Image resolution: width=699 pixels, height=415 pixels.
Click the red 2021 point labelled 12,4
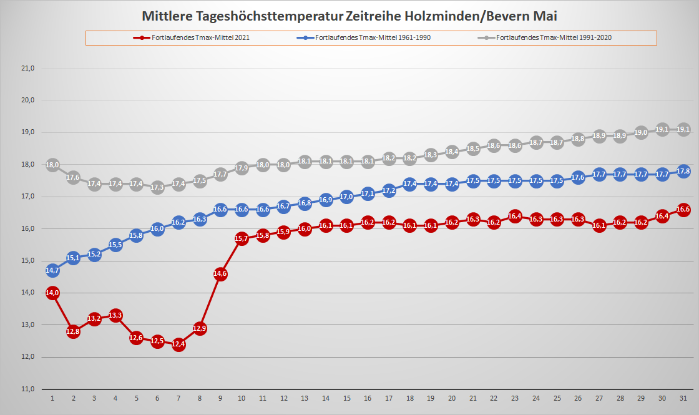pyautogui.click(x=178, y=344)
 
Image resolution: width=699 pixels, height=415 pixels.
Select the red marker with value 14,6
pyautogui.click(x=220, y=273)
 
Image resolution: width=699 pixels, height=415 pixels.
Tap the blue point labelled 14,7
pyautogui.click(x=52, y=270)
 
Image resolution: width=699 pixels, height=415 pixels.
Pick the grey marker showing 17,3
pyautogui.click(x=157, y=187)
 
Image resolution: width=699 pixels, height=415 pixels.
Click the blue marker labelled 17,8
pyautogui.click(x=683, y=171)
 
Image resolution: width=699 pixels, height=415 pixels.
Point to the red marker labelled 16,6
pyautogui.click(x=683, y=209)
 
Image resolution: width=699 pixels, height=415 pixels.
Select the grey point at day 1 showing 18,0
pyautogui.click(x=52, y=165)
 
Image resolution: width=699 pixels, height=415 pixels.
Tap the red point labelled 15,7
pyautogui.click(x=242, y=238)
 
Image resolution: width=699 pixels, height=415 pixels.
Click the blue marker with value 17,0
pyautogui.click(x=346, y=197)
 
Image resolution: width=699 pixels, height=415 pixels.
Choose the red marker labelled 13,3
pyautogui.click(x=115, y=315)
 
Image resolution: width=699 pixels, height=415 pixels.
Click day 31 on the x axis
pyautogui.click(x=683, y=398)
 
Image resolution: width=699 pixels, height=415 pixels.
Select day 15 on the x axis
pyautogui.click(x=346, y=398)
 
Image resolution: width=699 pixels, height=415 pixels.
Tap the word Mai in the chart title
pyautogui.click(x=544, y=14)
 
